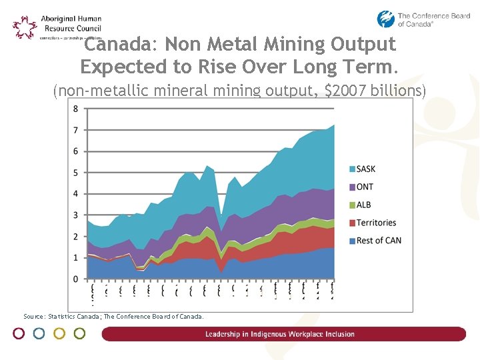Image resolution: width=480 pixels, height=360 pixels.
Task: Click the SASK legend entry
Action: [365, 169]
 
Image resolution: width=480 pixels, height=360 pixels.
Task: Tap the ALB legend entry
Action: [363, 205]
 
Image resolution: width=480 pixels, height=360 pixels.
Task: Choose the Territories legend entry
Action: [375, 223]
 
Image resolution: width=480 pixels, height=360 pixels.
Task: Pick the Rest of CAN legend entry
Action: [378, 241]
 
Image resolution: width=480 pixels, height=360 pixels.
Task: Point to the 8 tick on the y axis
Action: [75, 109]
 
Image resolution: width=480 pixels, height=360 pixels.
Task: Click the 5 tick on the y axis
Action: [75, 173]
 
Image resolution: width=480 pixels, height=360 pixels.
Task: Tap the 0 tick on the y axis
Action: [75, 279]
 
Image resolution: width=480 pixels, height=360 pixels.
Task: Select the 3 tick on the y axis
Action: [75, 215]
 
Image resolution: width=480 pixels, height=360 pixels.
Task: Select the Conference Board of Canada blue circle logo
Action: [386, 19]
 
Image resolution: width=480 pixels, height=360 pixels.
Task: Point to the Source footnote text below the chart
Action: [113, 317]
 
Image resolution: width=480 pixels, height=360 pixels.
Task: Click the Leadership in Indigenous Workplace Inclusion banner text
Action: [280, 334]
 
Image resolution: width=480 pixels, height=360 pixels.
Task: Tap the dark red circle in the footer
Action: [19, 333]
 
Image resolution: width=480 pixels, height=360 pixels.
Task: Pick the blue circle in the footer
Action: [39, 333]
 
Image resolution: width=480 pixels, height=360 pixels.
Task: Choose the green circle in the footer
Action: [79, 333]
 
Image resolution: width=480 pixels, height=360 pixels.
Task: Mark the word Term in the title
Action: [376, 67]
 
